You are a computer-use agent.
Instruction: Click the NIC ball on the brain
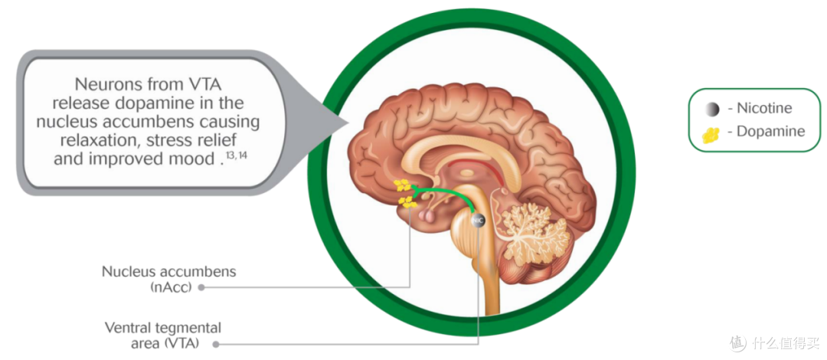[x=478, y=219]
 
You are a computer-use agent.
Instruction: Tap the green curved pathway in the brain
[x=448, y=191]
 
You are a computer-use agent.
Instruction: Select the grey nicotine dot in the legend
[x=712, y=110]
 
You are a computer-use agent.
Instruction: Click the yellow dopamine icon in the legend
[x=711, y=135]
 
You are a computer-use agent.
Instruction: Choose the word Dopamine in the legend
[x=770, y=132]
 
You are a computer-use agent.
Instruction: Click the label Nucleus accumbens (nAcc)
[x=168, y=280]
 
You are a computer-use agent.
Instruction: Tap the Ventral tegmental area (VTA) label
[x=163, y=335]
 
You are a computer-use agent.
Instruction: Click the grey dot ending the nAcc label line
[x=201, y=288]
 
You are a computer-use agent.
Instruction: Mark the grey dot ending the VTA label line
[x=216, y=345]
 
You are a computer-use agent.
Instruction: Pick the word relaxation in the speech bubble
[x=104, y=140]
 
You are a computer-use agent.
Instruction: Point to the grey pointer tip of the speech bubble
[x=348, y=124]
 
